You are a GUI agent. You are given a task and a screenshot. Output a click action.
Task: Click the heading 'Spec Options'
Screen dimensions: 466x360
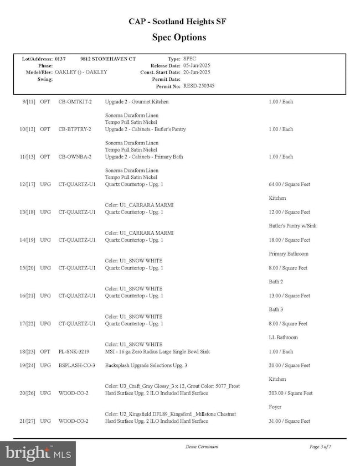click(178, 38)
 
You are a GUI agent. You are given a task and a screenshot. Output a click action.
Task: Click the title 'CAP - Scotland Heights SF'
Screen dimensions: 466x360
click(178, 22)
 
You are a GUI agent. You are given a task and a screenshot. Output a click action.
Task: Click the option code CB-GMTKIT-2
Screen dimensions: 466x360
click(75, 102)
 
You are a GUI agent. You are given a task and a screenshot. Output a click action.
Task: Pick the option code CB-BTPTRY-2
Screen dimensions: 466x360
click(75, 130)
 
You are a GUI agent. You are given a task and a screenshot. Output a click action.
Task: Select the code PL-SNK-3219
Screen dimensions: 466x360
click(75, 352)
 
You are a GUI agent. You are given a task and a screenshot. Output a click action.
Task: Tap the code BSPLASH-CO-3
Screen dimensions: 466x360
click(77, 366)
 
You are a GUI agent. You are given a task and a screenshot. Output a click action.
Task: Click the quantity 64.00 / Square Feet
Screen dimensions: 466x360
click(289, 184)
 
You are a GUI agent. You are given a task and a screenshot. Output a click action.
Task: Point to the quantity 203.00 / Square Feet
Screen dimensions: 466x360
click(291, 393)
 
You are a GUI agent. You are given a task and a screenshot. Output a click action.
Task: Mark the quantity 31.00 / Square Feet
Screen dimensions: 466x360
click(289, 421)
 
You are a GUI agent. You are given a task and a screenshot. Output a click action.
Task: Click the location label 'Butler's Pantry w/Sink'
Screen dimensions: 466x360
click(293, 226)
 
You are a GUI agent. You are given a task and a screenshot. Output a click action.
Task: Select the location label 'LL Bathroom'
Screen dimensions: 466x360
click(283, 338)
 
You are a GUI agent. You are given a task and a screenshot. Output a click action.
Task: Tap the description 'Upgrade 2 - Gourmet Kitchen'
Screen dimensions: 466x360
click(137, 102)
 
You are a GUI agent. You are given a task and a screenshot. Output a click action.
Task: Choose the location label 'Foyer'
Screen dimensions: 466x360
click(276, 407)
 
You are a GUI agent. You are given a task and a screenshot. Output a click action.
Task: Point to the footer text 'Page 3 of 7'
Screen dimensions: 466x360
click(320, 446)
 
